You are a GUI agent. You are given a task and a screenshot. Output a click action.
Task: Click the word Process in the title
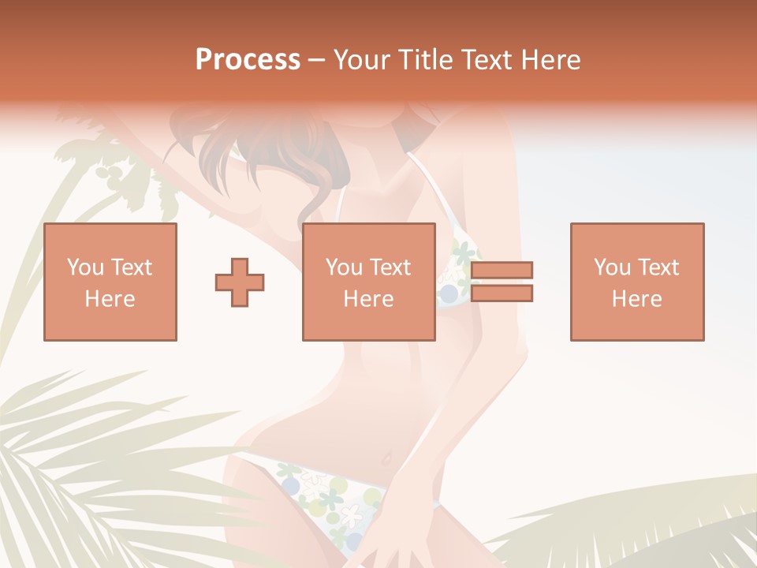click(248, 60)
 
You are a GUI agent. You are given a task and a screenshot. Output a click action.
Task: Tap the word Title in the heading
click(425, 60)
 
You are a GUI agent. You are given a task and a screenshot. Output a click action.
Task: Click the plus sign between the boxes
click(240, 282)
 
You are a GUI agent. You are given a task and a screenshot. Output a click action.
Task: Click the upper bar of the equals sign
click(502, 270)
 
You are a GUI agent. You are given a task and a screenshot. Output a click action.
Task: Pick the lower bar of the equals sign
click(502, 293)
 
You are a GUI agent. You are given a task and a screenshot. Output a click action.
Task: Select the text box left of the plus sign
click(110, 282)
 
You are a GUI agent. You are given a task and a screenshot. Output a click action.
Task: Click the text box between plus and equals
click(369, 282)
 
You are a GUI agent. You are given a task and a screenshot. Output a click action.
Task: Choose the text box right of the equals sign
click(637, 282)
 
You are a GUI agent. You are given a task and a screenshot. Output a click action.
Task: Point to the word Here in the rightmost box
click(637, 299)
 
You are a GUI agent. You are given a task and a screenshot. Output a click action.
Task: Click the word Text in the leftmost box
click(132, 267)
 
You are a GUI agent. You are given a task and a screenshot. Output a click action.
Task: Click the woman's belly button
click(386, 458)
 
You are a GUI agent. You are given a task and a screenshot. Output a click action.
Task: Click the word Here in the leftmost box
click(110, 299)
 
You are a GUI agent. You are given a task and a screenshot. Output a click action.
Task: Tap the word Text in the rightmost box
click(658, 267)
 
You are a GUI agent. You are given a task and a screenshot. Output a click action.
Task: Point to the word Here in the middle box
click(369, 299)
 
